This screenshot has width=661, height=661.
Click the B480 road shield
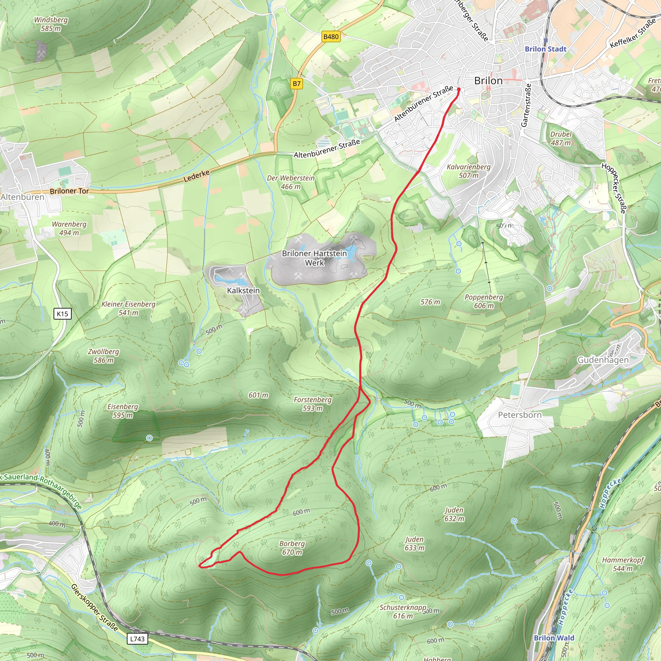click(331, 36)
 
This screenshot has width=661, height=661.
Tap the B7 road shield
click(297, 84)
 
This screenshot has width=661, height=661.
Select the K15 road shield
click(62, 314)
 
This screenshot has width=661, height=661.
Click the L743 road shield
click(137, 639)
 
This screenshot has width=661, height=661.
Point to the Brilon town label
click(488, 81)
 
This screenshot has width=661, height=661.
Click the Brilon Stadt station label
click(545, 49)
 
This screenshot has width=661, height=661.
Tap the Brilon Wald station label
click(554, 638)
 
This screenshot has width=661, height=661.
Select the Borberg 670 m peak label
click(292, 548)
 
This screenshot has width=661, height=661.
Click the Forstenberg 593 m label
click(312, 404)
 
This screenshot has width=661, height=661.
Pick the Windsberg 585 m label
click(51, 24)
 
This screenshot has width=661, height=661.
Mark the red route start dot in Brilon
click(459, 89)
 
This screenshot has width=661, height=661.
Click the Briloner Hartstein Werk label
click(314, 258)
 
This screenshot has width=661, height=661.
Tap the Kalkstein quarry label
click(243, 290)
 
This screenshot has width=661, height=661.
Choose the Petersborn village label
click(520, 415)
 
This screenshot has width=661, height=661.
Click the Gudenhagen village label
click(603, 360)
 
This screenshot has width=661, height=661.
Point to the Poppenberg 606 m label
click(483, 301)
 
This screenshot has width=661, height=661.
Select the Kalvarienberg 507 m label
click(468, 171)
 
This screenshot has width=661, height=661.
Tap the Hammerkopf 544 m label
click(623, 564)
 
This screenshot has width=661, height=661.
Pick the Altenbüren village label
click(23, 197)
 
